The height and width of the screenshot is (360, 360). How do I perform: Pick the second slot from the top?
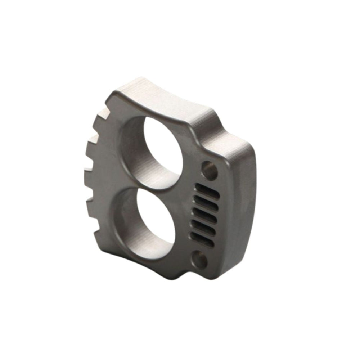click(x=206, y=203)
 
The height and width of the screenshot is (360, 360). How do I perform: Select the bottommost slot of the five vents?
click(x=203, y=238)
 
